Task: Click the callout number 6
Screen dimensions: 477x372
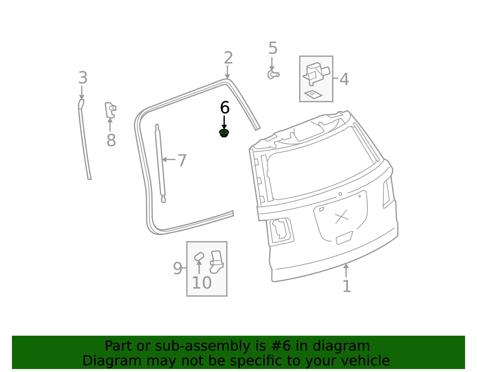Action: [x=224, y=108]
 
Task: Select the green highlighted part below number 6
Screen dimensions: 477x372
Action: [x=224, y=133]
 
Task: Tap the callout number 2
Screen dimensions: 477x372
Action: [x=228, y=58]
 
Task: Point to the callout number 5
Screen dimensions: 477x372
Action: [x=273, y=48]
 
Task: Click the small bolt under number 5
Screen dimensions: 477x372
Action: [x=273, y=75]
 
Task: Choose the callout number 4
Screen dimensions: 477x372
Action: [x=344, y=79]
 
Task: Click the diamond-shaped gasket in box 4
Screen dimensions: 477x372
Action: [x=313, y=94]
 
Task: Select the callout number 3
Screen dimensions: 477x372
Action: [x=83, y=78]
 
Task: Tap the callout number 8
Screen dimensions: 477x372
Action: [x=111, y=140]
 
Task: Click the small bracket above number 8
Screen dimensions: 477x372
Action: [x=110, y=110]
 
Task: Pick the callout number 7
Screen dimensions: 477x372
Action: [x=182, y=160]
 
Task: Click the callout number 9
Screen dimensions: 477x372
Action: [x=177, y=268]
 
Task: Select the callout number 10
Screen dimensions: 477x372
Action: [x=202, y=283]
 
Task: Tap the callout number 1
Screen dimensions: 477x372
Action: [x=347, y=286]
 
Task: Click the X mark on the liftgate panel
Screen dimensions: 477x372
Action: [x=342, y=216]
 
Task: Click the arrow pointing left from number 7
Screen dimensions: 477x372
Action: [x=169, y=159]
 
